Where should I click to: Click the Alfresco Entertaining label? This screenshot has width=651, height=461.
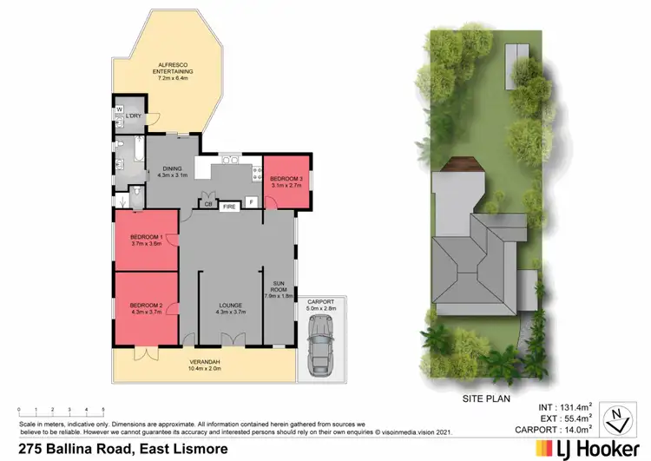[175, 74]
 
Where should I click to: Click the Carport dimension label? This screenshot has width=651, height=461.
[320, 305]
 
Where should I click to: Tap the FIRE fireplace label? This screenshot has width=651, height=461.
[229, 207]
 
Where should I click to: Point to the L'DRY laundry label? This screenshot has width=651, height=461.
[133, 116]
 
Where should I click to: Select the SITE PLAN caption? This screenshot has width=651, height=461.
[483, 400]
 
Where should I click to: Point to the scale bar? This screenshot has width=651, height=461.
[61, 410]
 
